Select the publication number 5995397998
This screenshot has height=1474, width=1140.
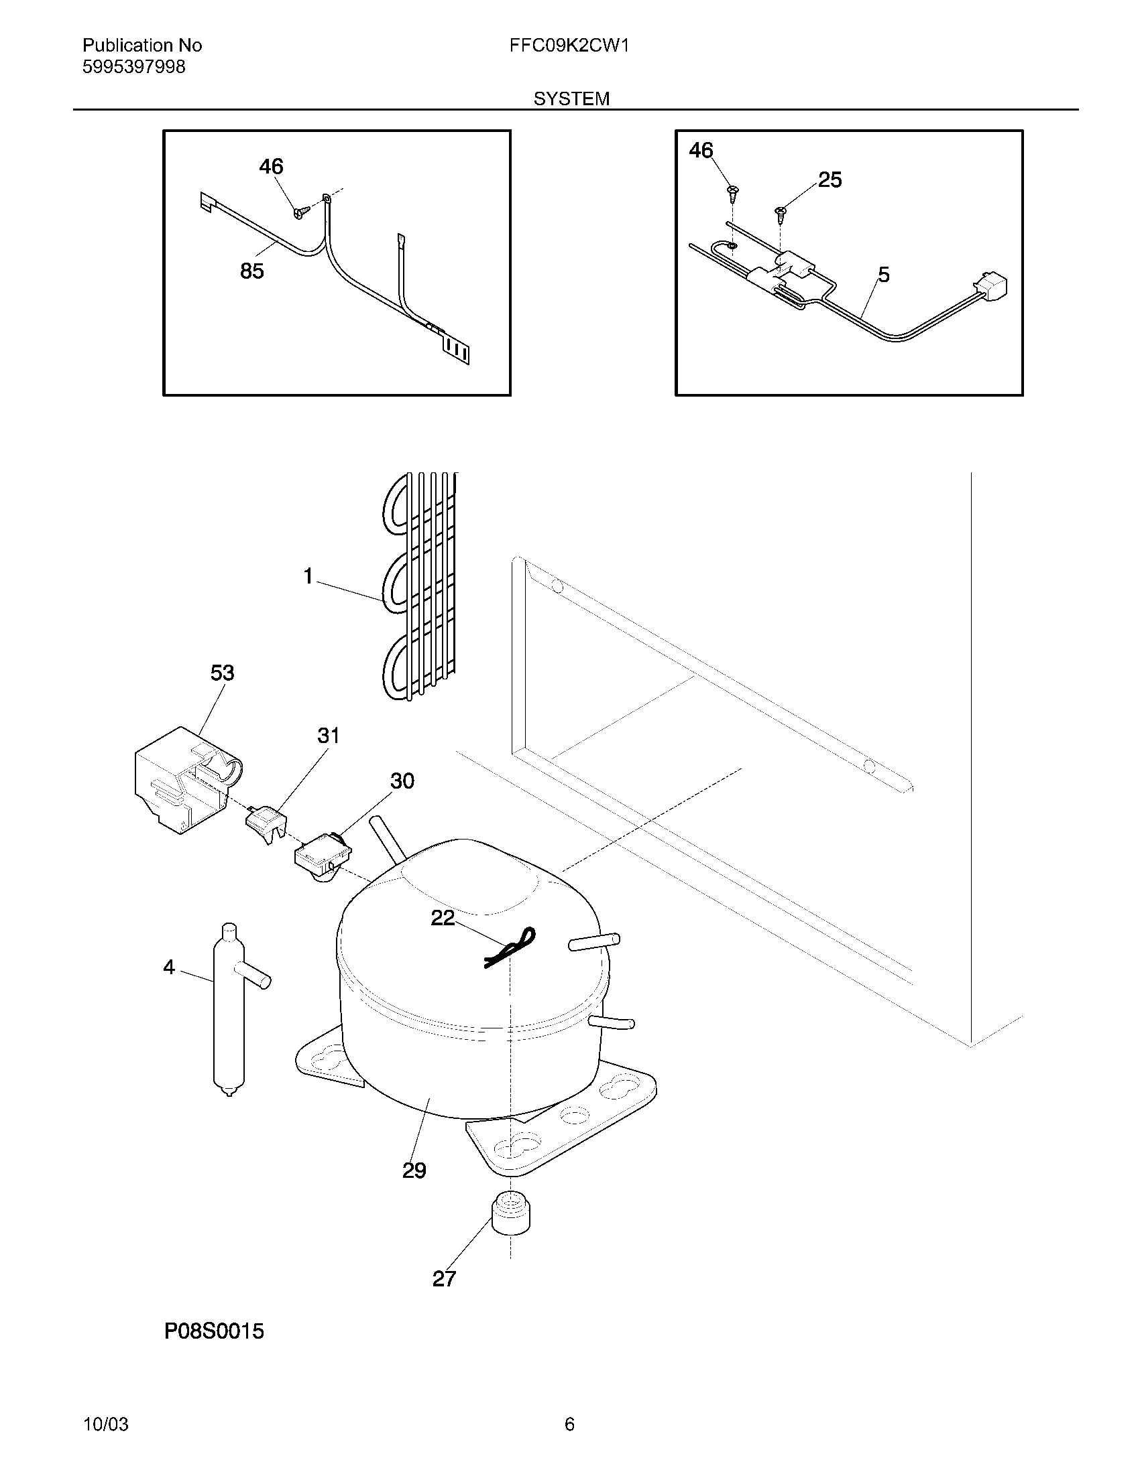pyautogui.click(x=133, y=68)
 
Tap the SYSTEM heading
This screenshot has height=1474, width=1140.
pyautogui.click(x=571, y=99)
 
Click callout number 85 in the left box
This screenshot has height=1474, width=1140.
pyautogui.click(x=252, y=271)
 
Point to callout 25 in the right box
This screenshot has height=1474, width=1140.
pyautogui.click(x=830, y=180)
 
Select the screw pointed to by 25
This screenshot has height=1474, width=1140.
pyautogui.click(x=781, y=213)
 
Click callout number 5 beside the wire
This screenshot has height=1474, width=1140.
pyautogui.click(x=883, y=275)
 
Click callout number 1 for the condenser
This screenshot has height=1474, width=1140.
pyautogui.click(x=308, y=577)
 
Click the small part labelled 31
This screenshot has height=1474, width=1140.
pyautogui.click(x=265, y=823)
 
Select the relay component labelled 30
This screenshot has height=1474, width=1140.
pyautogui.click(x=323, y=861)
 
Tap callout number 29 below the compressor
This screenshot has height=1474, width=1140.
pyautogui.click(x=414, y=1170)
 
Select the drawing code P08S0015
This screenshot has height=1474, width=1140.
pyautogui.click(x=213, y=1331)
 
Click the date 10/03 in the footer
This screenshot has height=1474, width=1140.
pyautogui.click(x=105, y=1424)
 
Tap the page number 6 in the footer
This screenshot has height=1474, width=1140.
pyautogui.click(x=569, y=1424)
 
